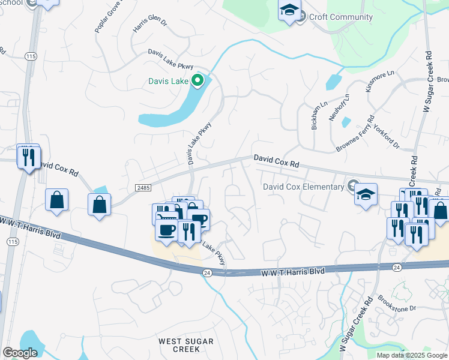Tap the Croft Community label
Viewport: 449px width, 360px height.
pos(340,17)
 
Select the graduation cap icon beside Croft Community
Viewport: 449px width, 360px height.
pos(289,11)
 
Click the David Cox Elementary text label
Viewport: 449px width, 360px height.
pos(304,186)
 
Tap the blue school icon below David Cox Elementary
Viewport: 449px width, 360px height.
pos(365,194)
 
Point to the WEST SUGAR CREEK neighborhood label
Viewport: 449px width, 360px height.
pos(186,345)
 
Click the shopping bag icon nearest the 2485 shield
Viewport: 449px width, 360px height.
pos(100,204)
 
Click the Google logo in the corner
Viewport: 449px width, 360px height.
pos(19,353)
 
